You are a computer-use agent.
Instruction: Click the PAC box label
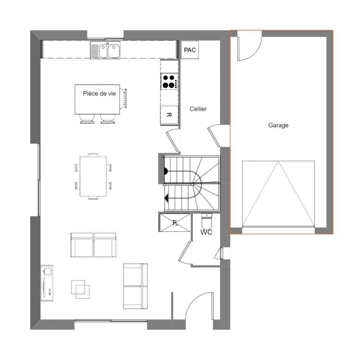[x=189, y=50]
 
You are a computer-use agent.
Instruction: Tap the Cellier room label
[x=198, y=109]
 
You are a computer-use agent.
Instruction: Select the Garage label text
[x=278, y=125]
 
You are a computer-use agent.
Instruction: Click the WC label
[x=206, y=232]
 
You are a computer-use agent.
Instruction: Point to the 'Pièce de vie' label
[x=100, y=93]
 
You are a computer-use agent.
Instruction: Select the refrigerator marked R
[x=169, y=115]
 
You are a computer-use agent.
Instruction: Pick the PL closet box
[x=175, y=223]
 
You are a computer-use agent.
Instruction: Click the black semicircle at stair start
[x=165, y=171]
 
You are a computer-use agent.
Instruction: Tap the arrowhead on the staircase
[x=167, y=197]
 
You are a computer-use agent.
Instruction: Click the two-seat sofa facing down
[x=93, y=245]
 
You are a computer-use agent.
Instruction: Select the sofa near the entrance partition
[x=135, y=286]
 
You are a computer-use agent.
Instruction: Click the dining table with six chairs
[x=93, y=176]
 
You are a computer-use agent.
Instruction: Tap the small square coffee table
[x=81, y=289]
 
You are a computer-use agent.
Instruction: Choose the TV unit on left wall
[x=47, y=283]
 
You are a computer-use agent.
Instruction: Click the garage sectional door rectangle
[x=278, y=193]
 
